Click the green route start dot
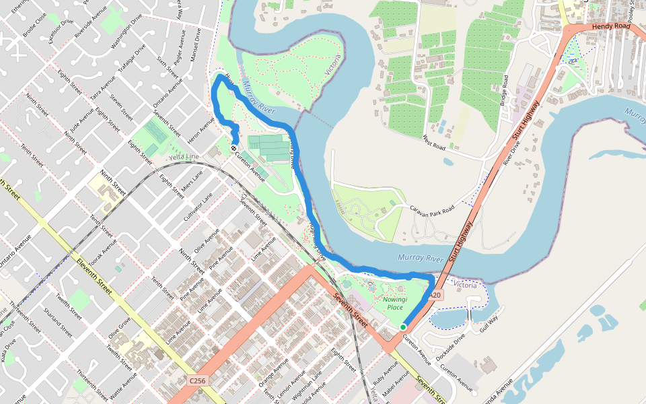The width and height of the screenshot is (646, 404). (x=403, y=327)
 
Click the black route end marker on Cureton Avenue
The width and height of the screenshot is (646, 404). (x=234, y=148)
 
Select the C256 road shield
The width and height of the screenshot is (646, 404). (x=197, y=381)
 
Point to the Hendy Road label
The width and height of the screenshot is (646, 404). (x=610, y=26)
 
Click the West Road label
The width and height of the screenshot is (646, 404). (x=435, y=142)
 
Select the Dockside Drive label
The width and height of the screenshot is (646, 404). (x=450, y=346)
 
